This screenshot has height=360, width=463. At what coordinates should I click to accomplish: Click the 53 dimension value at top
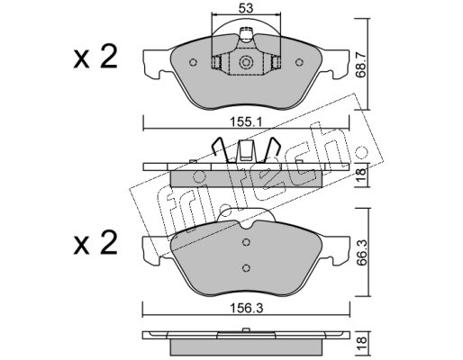(x=246, y=8)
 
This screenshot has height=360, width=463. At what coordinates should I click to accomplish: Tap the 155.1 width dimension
(x=246, y=122)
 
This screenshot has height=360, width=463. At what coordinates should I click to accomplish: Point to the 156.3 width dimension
(x=246, y=308)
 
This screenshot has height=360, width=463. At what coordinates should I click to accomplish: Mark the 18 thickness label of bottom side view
(x=362, y=340)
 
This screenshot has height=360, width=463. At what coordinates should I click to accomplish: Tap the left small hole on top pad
(x=194, y=62)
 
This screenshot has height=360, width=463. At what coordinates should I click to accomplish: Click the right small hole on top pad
(x=299, y=62)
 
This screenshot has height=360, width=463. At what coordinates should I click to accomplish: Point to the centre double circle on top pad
(x=246, y=62)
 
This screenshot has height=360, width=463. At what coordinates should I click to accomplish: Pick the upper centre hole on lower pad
(x=246, y=242)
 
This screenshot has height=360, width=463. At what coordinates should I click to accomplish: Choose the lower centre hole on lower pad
(x=246, y=268)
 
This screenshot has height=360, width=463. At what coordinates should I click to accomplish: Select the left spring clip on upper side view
(x=221, y=149)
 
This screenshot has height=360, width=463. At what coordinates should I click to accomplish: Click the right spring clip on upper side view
(x=271, y=149)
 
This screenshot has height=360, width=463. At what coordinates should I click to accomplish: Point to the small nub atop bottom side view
(x=246, y=330)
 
